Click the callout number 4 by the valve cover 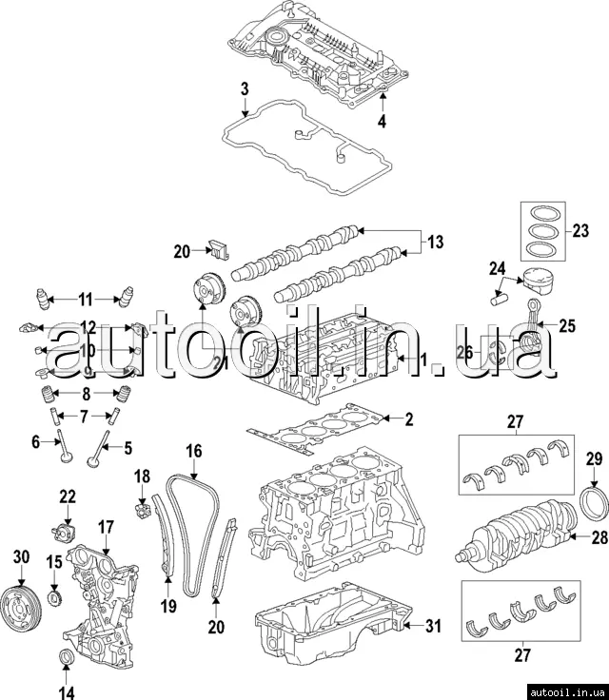382,122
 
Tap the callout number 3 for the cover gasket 244,90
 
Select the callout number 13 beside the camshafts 434,243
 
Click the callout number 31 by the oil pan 433,626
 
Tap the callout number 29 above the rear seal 593,460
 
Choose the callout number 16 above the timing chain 194,452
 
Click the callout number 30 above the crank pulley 22,557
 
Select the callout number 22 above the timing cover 68,496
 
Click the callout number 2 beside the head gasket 409,418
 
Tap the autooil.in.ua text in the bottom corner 565,690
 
